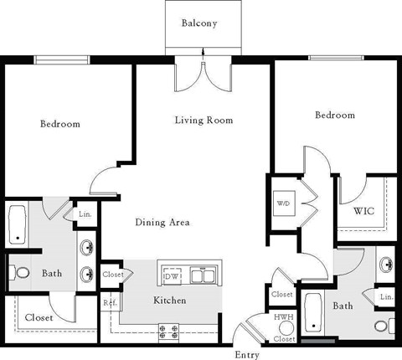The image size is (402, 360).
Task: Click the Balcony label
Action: (x=199, y=23)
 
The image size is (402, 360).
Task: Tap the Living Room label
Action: (x=204, y=121)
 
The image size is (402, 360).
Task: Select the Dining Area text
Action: (x=162, y=223)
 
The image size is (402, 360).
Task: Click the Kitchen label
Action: (x=169, y=301)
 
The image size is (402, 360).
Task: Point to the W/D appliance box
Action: (x=282, y=203)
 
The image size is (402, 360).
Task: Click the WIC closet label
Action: (x=363, y=211)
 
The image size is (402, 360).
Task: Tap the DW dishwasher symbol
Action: (x=172, y=275)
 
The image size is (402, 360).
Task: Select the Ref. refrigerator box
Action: (x=109, y=303)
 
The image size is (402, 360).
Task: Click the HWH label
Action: (x=284, y=318)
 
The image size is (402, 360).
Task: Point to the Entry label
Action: (x=246, y=354)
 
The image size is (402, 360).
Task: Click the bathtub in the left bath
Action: (x=18, y=225)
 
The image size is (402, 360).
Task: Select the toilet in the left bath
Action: (x=20, y=273)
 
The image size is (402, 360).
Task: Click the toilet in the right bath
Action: (x=381, y=325)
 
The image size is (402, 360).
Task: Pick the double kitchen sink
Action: (x=203, y=275)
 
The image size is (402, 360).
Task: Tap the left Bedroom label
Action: (x=60, y=125)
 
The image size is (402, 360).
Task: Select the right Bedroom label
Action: (x=334, y=116)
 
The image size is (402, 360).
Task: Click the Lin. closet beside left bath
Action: (x=85, y=215)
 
